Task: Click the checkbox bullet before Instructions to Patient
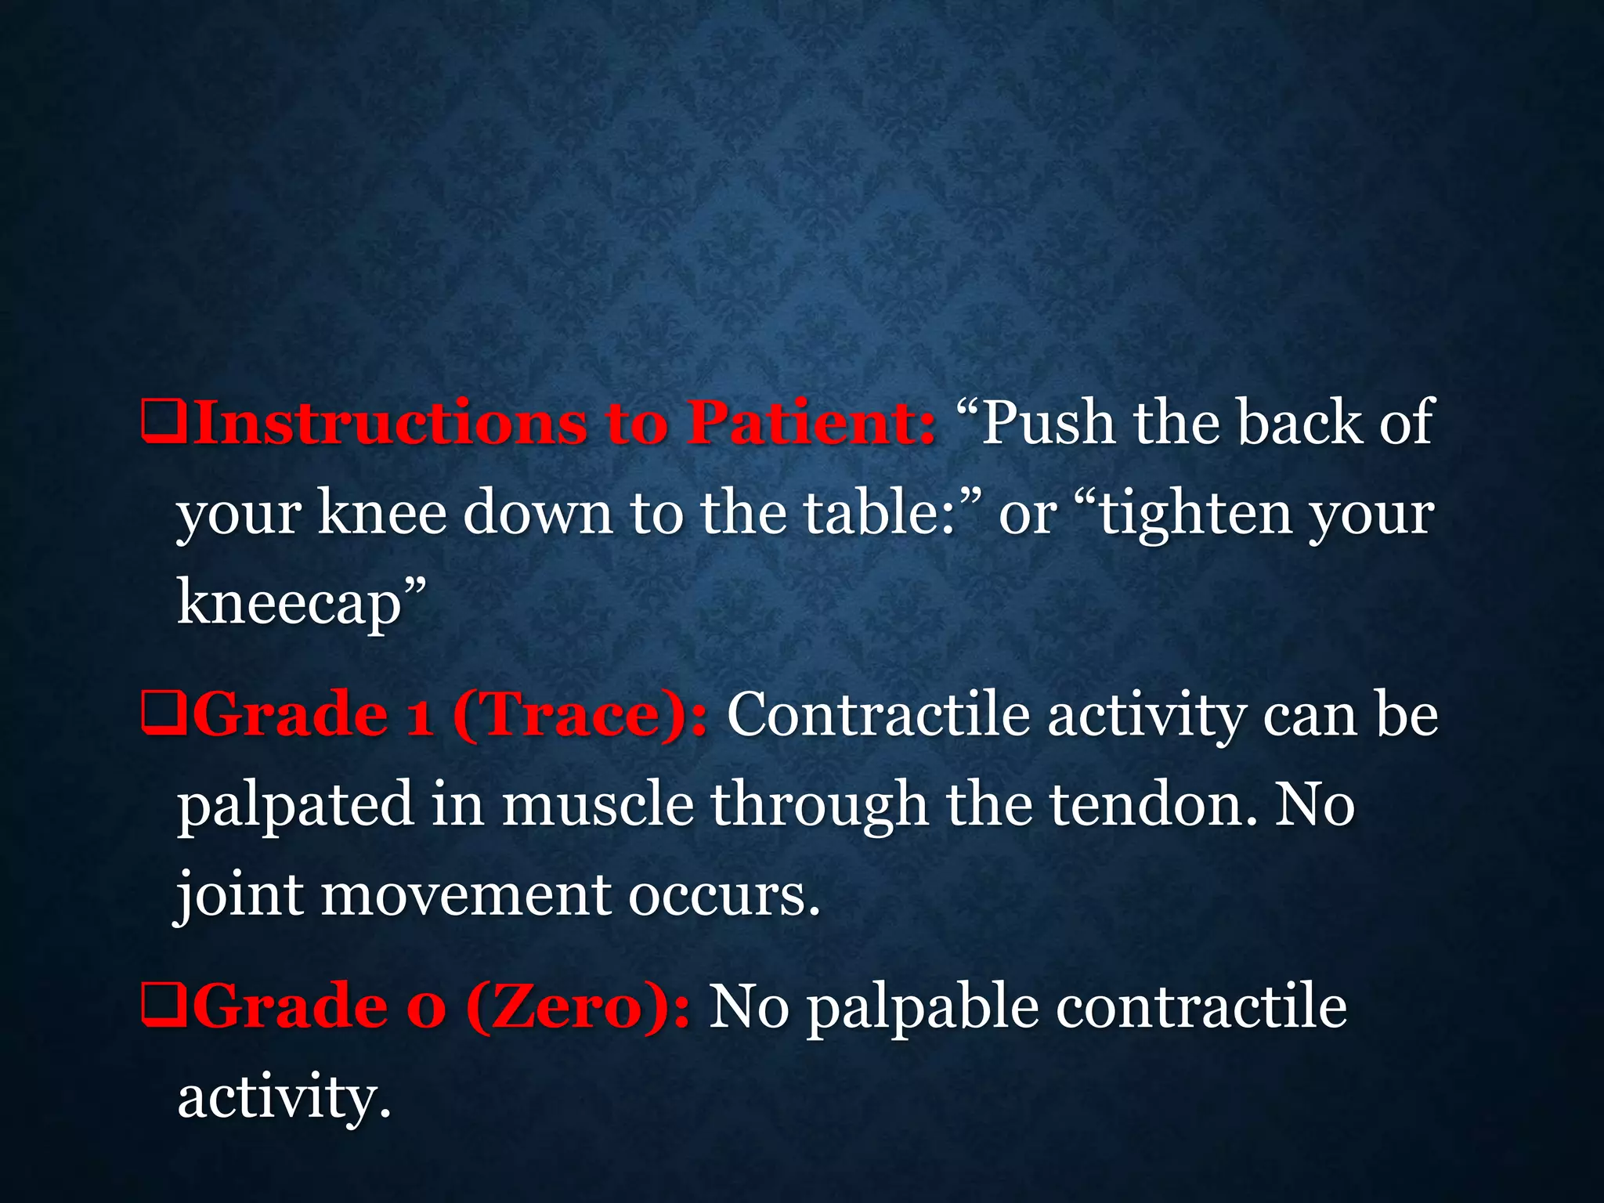point(164,423)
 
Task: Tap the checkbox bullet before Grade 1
point(164,715)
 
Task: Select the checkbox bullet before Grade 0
point(164,1007)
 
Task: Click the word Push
point(1049,423)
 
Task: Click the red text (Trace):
point(580,715)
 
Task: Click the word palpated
point(295,806)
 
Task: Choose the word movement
point(466,896)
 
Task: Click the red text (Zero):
point(578,1007)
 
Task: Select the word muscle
point(598,806)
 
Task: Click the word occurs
point(724,896)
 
